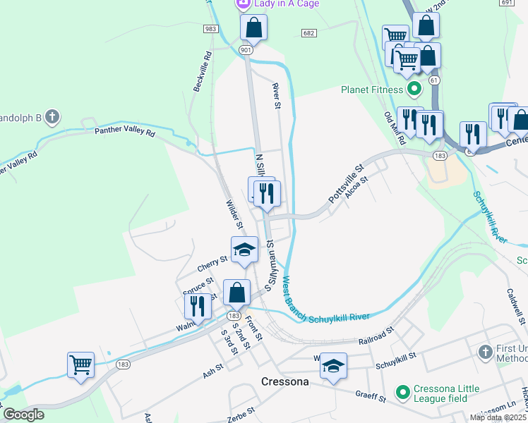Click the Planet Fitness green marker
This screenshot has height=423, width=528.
tap(415, 90)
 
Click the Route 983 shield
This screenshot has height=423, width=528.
tap(210, 28)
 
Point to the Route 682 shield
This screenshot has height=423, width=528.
tap(308, 33)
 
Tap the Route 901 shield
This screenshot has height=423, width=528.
tap(245, 50)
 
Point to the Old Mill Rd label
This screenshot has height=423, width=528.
tap(394, 128)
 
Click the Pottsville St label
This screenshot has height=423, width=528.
tap(345, 185)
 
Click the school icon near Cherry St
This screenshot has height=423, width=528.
tap(244, 250)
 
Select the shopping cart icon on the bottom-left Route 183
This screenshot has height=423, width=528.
tap(80, 365)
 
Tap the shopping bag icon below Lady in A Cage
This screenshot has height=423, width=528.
tap(254, 28)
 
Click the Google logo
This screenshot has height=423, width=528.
tap(23, 415)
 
